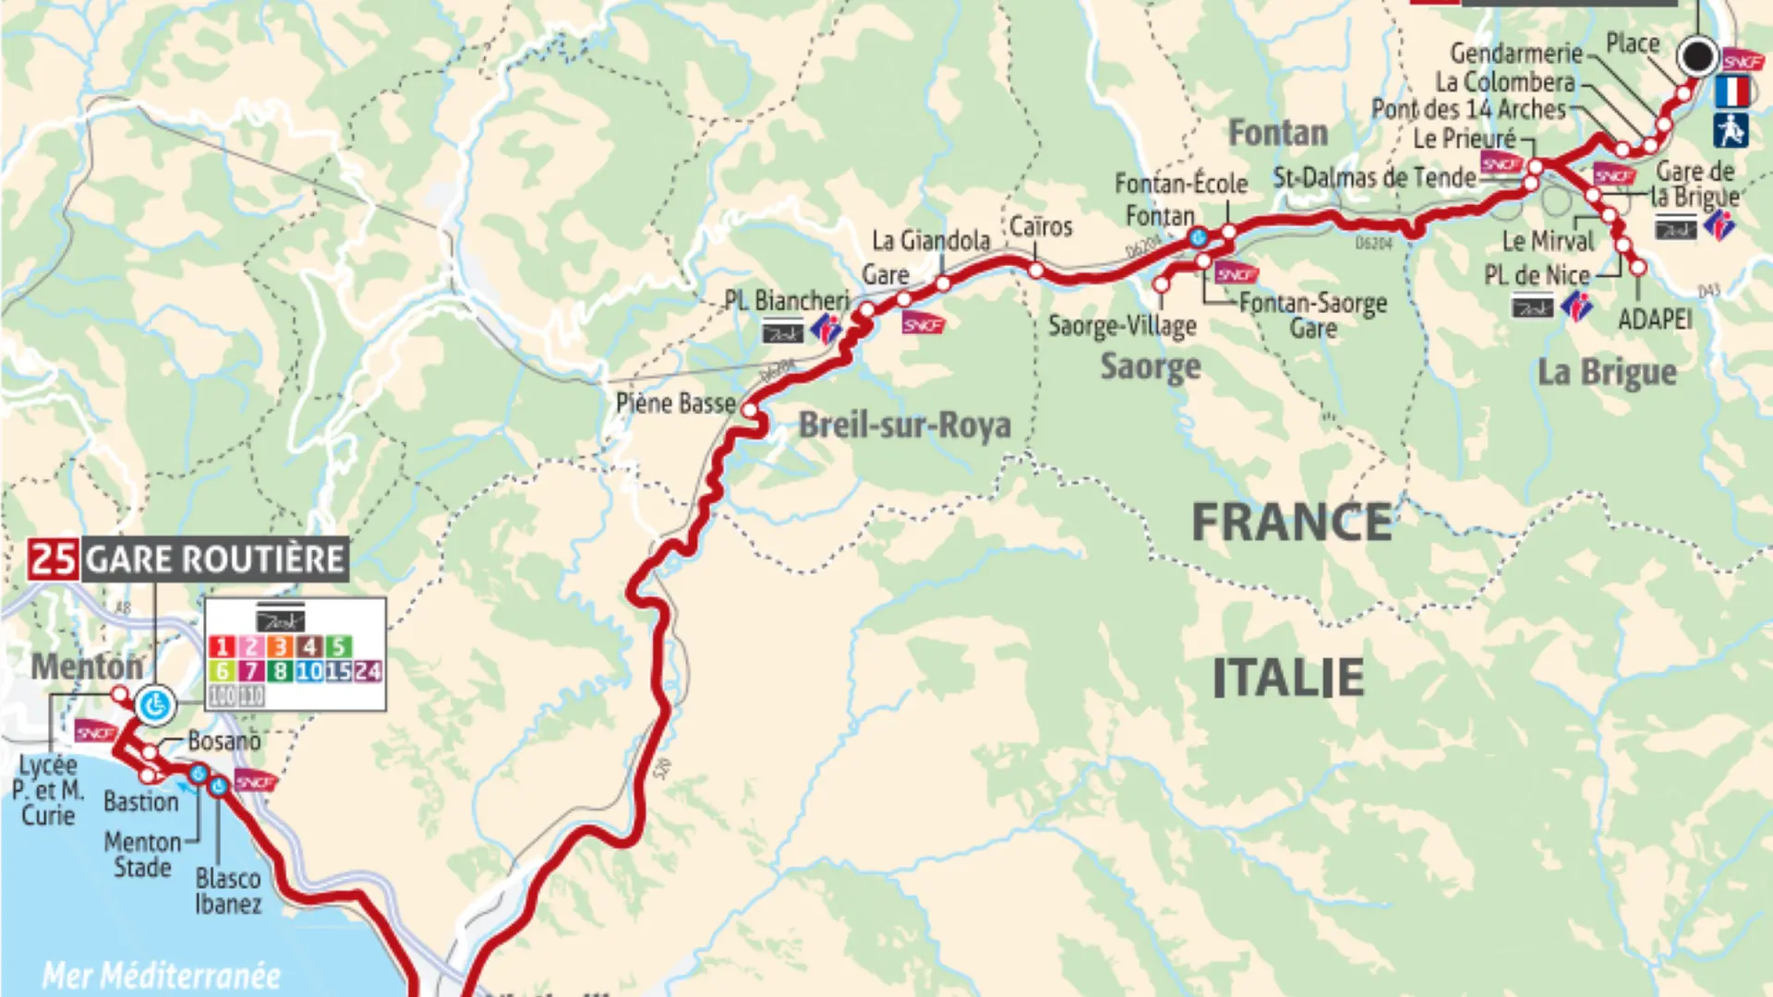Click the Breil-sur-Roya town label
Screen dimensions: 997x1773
904,426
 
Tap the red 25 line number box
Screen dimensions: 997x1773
53,559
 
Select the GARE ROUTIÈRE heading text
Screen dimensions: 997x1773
215,559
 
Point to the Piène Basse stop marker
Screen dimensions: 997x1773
750,411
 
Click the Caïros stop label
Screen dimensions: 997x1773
1041,227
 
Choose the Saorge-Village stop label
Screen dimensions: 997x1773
1122,326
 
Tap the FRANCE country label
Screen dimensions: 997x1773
1291,523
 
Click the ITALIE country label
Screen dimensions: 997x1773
1287,679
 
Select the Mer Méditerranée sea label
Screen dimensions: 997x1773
162,975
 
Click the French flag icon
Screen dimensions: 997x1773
1731,91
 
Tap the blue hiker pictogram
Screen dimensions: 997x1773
1731,130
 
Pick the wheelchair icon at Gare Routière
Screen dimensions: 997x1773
155,706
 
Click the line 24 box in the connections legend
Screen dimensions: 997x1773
368,671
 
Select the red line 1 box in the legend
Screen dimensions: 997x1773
222,646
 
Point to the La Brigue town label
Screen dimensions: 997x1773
1606,372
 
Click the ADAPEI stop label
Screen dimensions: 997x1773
1655,319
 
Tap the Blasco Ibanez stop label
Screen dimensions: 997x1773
228,891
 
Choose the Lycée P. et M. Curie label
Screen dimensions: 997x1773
48,790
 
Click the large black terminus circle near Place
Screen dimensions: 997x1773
1697,57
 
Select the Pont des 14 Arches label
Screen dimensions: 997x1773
1468,110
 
